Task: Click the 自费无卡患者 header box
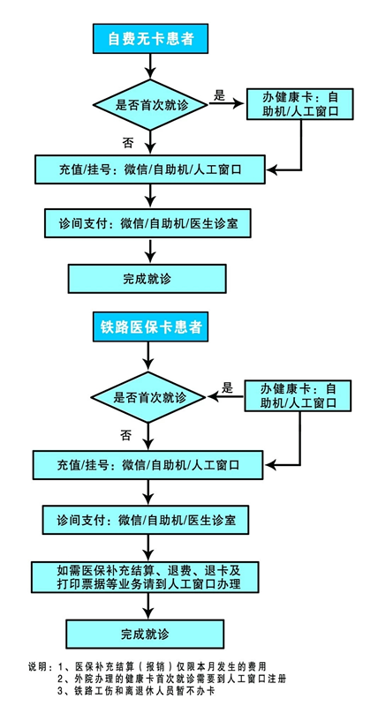coord(150,38)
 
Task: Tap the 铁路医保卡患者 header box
coord(150,327)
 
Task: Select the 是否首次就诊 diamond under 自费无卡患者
coord(150,105)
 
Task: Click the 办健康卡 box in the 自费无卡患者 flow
coord(299,104)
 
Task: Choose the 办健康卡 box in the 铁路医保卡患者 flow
coord(298,395)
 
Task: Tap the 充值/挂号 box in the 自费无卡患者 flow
coord(150,169)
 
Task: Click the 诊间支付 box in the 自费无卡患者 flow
coord(147,223)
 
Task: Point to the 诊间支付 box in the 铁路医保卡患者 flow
coord(145,520)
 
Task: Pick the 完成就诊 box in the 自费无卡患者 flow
coord(147,279)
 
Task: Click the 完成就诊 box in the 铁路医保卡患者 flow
coord(145,635)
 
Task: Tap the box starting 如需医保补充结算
coord(145,577)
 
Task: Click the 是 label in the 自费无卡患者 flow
coord(219,95)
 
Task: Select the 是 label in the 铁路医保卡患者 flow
coord(228,387)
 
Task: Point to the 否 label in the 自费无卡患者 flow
coord(128,143)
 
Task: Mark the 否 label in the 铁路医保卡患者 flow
coord(125,435)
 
